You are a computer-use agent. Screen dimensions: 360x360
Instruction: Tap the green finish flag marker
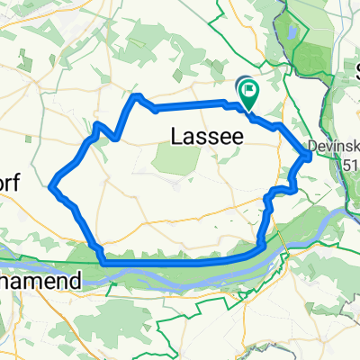click(x=247, y=88)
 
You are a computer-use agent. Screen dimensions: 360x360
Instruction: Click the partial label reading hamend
click(x=40, y=281)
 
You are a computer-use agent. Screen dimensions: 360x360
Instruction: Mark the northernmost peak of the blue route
click(x=137, y=95)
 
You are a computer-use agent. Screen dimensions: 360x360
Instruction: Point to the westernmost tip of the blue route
click(x=52, y=185)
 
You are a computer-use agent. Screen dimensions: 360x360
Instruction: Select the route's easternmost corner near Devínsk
click(x=310, y=157)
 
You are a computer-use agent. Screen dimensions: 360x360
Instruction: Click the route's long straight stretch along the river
click(x=180, y=263)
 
